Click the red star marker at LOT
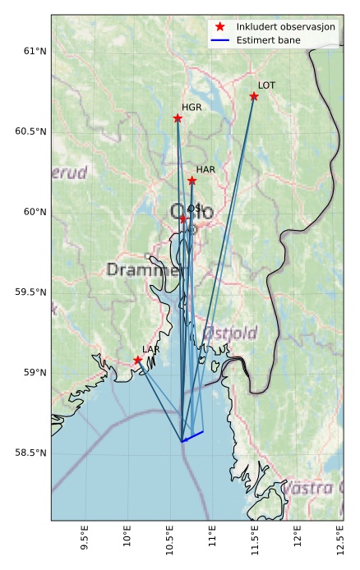pyautogui.click(x=254, y=97)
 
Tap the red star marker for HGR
pyautogui.click(x=178, y=119)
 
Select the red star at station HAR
pyautogui.click(x=192, y=181)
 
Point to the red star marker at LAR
pyautogui.click(x=137, y=361)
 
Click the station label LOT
pyautogui.click(x=266, y=85)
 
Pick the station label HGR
pyautogui.click(x=192, y=108)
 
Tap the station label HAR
pyautogui.click(x=205, y=169)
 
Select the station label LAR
pyautogui.click(x=151, y=349)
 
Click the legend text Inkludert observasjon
pyautogui.click(x=285, y=27)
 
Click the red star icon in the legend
pyautogui.click(x=219, y=27)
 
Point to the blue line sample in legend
pyautogui.click(x=219, y=39)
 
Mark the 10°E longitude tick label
pyautogui.click(x=127, y=536)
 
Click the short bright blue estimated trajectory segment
pyautogui.click(x=192, y=436)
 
